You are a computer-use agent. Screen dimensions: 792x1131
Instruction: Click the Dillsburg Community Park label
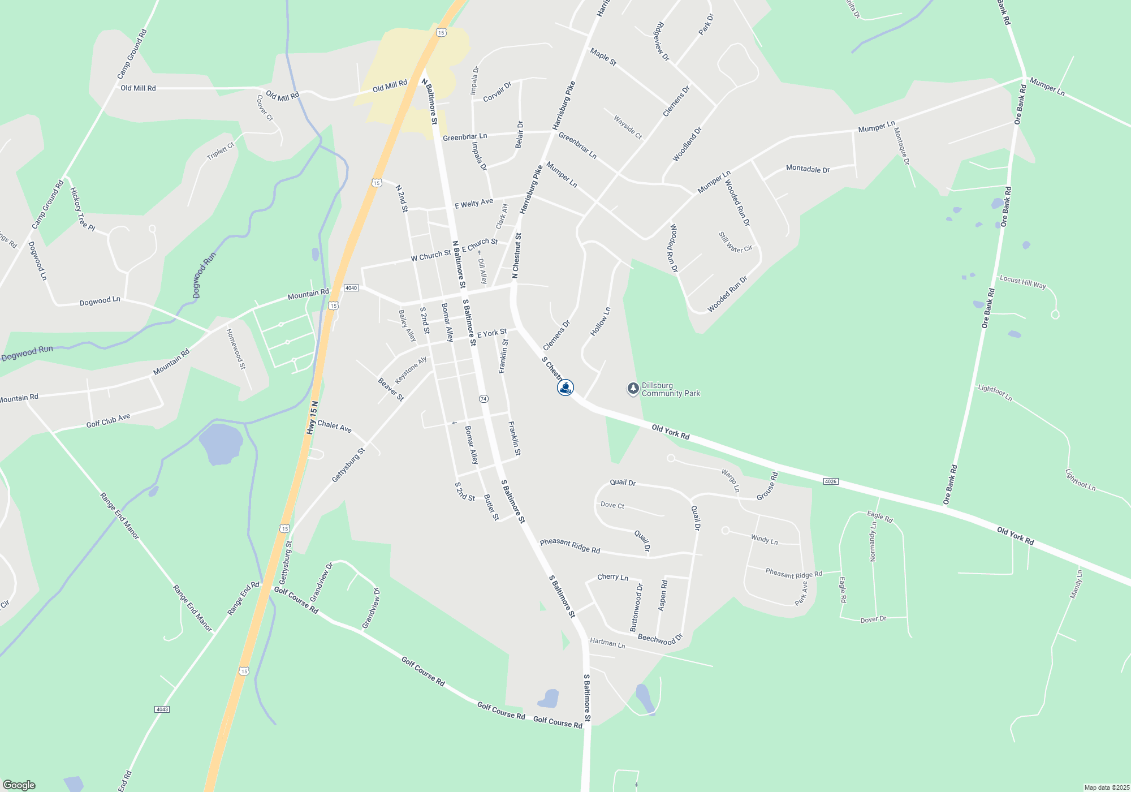(x=671, y=389)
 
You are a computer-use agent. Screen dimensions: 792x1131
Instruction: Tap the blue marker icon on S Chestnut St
(x=565, y=388)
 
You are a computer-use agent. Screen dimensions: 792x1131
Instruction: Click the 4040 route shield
(x=351, y=288)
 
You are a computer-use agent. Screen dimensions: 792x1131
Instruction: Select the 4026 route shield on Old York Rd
(x=830, y=481)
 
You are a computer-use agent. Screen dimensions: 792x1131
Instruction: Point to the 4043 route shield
(x=162, y=709)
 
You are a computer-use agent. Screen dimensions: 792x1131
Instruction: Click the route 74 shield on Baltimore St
(x=484, y=399)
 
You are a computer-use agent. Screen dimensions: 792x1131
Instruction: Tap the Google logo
(x=19, y=785)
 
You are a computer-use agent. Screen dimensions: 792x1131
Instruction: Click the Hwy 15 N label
(x=312, y=418)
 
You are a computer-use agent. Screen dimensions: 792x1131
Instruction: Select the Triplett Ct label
(x=221, y=151)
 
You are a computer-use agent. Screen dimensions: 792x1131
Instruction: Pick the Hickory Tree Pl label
(x=82, y=209)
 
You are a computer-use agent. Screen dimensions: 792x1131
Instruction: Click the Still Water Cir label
(x=735, y=242)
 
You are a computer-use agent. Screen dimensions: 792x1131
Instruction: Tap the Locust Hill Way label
(x=1023, y=282)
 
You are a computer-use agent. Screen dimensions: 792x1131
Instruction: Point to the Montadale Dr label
(x=808, y=169)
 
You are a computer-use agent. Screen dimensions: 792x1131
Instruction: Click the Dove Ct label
(x=612, y=505)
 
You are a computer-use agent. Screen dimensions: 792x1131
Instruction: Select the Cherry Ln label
(x=612, y=577)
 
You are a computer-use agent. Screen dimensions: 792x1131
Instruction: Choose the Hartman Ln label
(x=607, y=643)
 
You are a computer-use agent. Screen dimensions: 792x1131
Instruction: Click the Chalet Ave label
(x=334, y=426)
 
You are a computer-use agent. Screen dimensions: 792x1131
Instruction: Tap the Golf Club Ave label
(x=108, y=420)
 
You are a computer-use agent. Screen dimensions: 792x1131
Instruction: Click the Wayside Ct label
(x=628, y=127)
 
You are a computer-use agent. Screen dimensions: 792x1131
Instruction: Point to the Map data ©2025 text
(x=1107, y=787)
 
